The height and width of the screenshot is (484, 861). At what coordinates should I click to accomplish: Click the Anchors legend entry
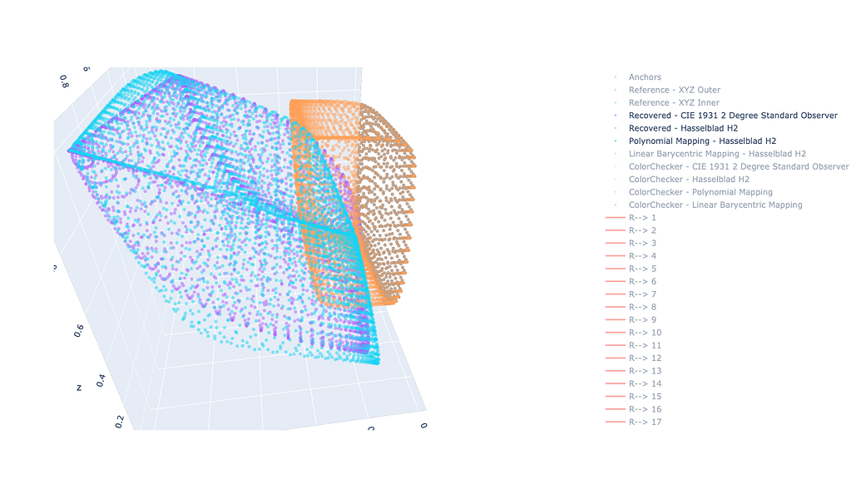point(645,77)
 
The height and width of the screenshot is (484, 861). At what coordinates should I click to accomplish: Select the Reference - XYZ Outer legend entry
point(674,90)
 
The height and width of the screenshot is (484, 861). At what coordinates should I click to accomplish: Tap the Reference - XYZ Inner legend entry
point(674,102)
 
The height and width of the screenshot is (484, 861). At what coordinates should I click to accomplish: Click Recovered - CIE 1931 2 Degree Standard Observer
point(733,116)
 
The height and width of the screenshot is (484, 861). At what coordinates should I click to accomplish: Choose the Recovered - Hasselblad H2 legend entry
point(683,128)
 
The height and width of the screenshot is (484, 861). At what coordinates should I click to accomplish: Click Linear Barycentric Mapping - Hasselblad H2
point(716,154)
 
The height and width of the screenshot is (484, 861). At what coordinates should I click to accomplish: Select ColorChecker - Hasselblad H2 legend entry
point(689,179)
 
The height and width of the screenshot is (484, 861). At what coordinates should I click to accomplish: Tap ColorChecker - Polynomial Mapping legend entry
point(700,192)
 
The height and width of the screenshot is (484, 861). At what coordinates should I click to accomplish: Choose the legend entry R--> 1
point(642,218)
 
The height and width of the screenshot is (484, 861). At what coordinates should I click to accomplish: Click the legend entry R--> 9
point(642,320)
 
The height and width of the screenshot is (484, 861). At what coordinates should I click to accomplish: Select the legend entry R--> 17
point(645,422)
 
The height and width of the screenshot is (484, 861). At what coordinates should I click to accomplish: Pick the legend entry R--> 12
point(645,358)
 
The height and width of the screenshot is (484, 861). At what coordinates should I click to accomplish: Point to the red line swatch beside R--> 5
point(616,269)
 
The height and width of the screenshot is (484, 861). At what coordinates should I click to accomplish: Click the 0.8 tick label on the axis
point(64,81)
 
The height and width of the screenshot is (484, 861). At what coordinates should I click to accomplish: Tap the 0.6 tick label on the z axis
point(78,330)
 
